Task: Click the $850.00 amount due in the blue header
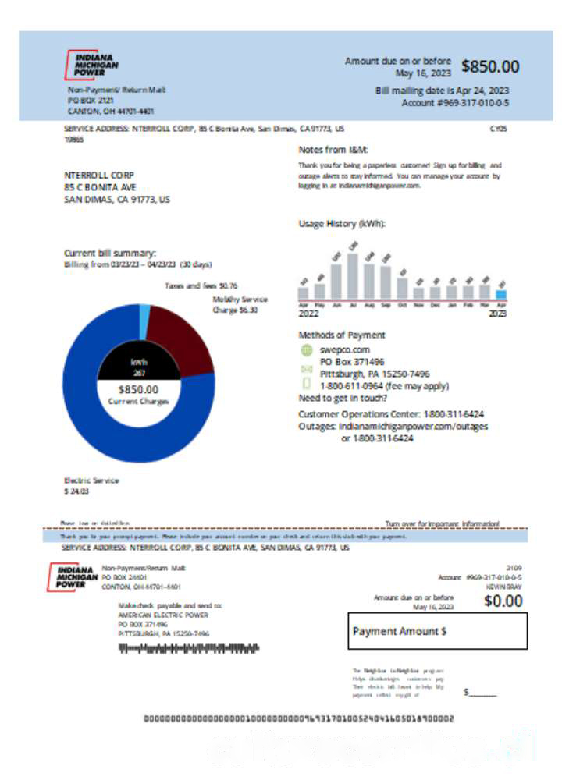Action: point(490,67)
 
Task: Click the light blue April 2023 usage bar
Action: point(501,295)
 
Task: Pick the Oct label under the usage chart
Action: point(402,306)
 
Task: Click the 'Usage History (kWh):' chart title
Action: point(342,224)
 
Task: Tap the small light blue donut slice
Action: point(144,312)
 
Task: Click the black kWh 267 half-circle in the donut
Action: point(139,366)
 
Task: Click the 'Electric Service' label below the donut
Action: point(91,480)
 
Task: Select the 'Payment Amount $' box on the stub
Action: point(437,631)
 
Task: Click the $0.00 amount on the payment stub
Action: point(503,601)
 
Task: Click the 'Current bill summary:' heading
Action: point(110,253)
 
